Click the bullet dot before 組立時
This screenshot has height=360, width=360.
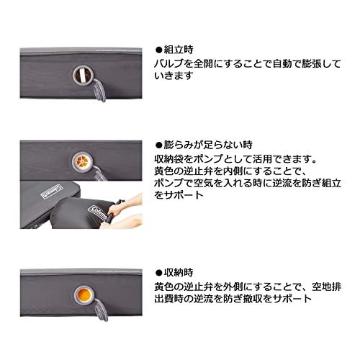[161, 51]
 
